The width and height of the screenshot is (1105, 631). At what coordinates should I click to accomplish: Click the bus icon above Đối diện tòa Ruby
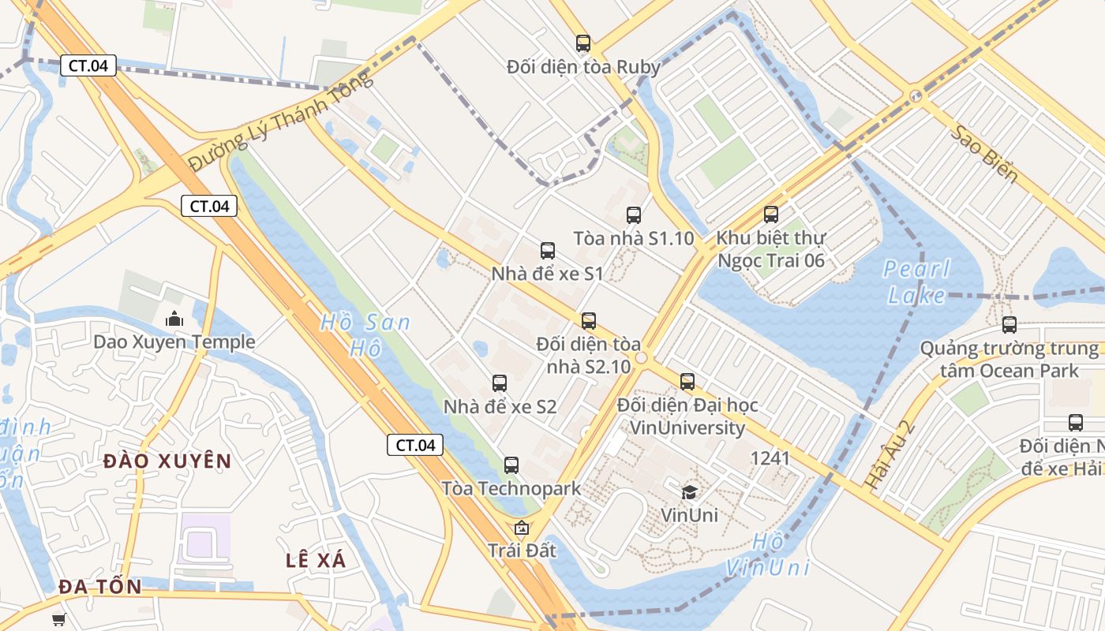583,43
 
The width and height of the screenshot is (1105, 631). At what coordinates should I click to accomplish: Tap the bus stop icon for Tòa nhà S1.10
633,215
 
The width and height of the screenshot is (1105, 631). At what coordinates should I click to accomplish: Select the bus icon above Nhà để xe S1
547,251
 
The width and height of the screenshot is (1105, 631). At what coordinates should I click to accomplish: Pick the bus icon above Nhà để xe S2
499,383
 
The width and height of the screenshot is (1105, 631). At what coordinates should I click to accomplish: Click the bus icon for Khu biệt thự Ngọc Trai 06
770,214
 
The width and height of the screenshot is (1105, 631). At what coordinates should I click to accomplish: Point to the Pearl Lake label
916,282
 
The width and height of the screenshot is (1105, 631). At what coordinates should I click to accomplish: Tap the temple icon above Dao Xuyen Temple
174,319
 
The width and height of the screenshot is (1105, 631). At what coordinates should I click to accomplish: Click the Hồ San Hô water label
365,334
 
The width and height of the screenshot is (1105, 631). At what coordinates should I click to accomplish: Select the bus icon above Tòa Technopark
511,465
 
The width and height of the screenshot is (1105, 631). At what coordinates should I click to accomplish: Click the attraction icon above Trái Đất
521,528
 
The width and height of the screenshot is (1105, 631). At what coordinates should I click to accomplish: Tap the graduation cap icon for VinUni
689,492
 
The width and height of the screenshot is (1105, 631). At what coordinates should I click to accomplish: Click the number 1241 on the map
770,457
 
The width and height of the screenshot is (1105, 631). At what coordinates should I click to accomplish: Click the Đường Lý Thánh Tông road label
280,121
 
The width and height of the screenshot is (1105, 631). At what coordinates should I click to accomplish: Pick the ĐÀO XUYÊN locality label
167,461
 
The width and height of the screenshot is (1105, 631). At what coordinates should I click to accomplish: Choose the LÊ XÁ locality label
316,560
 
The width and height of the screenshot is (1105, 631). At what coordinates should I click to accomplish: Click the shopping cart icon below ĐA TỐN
58,619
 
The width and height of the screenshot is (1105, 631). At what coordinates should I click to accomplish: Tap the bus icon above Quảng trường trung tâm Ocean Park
1009,324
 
